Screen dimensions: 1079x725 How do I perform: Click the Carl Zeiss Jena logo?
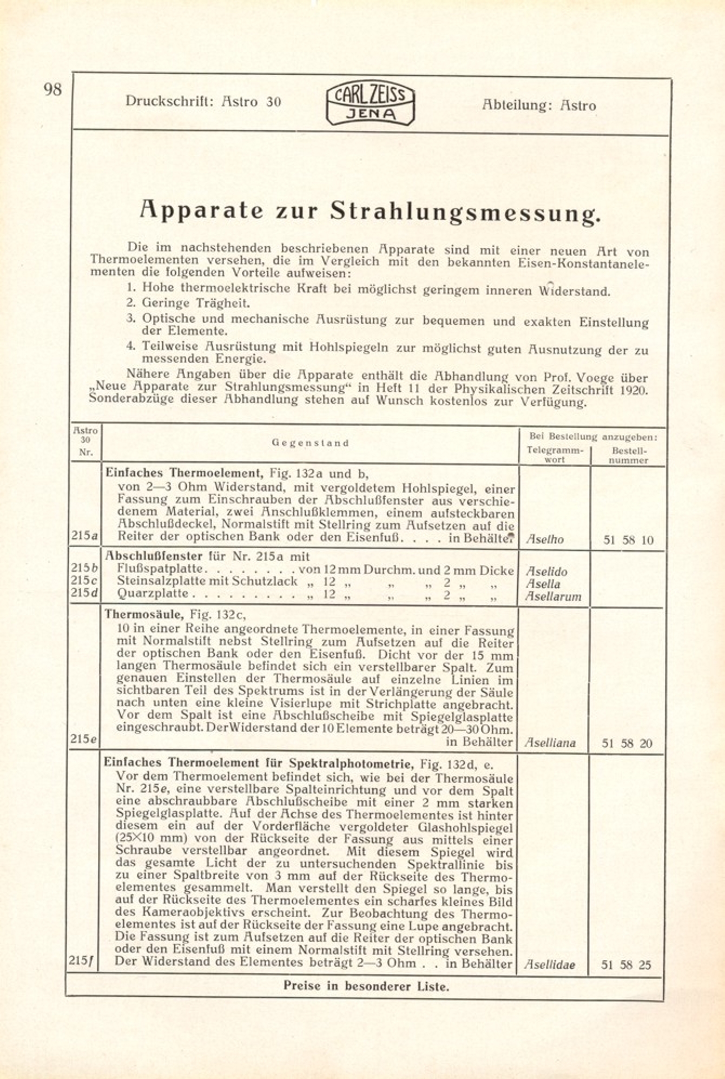coord(370,104)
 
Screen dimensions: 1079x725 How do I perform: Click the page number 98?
coord(53,89)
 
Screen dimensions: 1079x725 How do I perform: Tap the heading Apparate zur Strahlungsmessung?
coord(370,211)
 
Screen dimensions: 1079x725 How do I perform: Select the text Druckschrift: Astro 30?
coord(203,101)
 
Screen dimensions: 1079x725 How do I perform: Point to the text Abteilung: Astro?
coord(539,105)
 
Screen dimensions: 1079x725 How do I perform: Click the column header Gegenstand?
coord(310,443)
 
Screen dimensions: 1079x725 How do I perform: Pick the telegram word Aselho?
coord(545,539)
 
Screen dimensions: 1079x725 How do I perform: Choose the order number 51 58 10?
coord(628,540)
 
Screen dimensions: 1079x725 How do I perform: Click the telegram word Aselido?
coord(547,571)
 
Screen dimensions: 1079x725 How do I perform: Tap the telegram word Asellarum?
coord(553,597)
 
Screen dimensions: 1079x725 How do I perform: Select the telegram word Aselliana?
coord(550,743)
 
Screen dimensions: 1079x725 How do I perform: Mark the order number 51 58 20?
coord(627,744)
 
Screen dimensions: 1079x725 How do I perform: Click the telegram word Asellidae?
coord(550,965)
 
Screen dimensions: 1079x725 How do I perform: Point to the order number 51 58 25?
coord(627,965)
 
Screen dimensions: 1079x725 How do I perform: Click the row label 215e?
coord(83,739)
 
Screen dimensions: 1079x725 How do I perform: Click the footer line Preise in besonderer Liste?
coord(366,986)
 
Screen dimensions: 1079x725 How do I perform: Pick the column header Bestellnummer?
coord(628,455)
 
